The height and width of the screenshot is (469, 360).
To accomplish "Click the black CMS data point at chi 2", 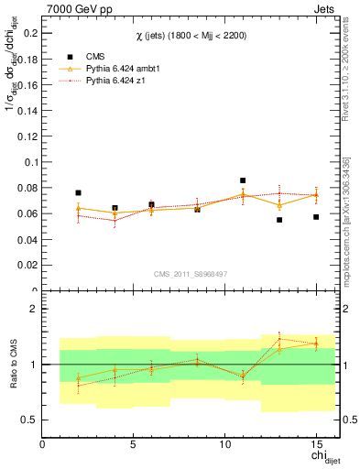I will pyautogui.click(x=79, y=193).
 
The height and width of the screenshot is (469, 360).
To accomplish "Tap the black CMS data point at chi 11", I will pyautogui.click(x=243, y=180).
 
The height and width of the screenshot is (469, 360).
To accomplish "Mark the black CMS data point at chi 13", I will pyautogui.click(x=279, y=220).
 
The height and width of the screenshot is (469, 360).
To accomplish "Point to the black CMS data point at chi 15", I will pyautogui.click(x=316, y=217).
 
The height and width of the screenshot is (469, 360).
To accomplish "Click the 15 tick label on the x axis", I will pyautogui.click(x=316, y=444).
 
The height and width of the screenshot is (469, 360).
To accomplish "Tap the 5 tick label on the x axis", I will pyautogui.click(x=134, y=444).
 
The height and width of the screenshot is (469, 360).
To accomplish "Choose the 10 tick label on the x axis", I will pyautogui.click(x=224, y=444).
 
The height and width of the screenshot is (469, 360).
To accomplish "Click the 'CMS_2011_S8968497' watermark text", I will pyautogui.click(x=191, y=274).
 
